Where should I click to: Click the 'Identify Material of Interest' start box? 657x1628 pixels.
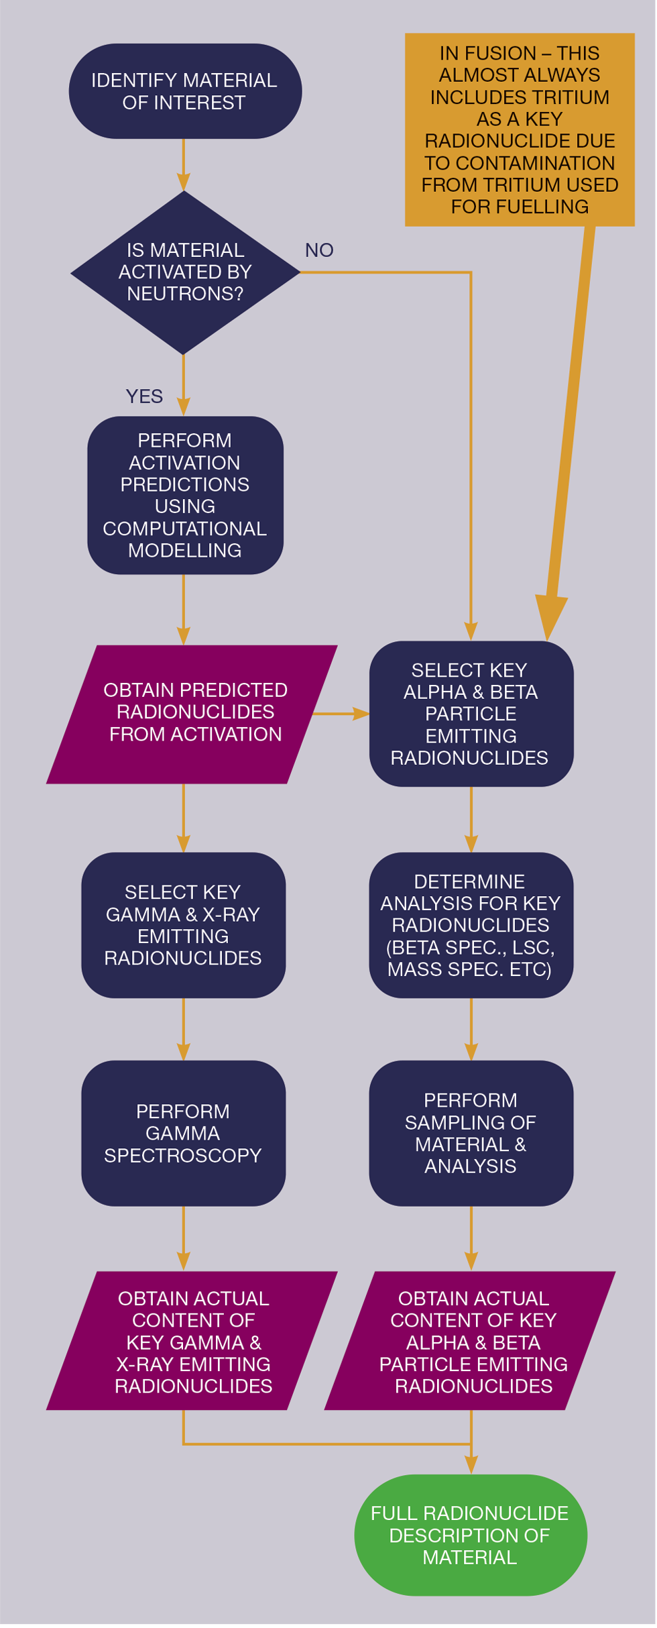coord(185,91)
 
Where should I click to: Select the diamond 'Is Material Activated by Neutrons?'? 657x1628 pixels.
coord(185,272)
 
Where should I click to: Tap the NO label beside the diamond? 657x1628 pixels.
coord(319,251)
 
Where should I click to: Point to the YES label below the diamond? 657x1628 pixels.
coord(144,397)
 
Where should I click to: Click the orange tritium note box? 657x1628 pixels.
coord(520,130)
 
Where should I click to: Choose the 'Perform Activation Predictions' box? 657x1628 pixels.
coord(185,496)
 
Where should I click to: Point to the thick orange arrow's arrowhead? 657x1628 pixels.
coord(550,617)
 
